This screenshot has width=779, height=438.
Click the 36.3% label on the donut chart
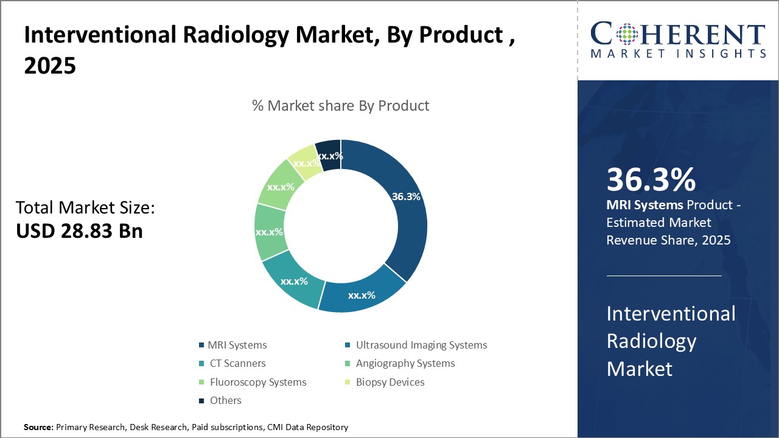[x=407, y=196]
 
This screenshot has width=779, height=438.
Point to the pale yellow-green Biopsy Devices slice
[x=304, y=162]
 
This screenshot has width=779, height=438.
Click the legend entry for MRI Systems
[x=237, y=345]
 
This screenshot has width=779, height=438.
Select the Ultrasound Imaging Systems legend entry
[x=421, y=345]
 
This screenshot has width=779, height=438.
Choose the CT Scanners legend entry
[x=237, y=363]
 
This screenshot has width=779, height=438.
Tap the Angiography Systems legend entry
[x=405, y=363]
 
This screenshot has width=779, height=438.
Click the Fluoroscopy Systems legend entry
[x=258, y=382]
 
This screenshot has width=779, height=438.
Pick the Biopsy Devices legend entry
[x=390, y=382]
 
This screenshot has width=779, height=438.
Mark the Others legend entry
[x=225, y=400]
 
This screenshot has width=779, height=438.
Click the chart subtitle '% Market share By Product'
[x=341, y=105]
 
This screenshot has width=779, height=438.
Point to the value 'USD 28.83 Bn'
[x=79, y=231]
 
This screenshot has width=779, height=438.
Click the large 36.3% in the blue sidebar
[x=651, y=179]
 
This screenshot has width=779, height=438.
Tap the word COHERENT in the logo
[x=678, y=34]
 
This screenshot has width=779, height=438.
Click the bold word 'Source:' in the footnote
[x=38, y=427]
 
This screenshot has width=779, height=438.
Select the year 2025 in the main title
[x=50, y=65]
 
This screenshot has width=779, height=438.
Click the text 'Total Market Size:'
[x=85, y=208]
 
